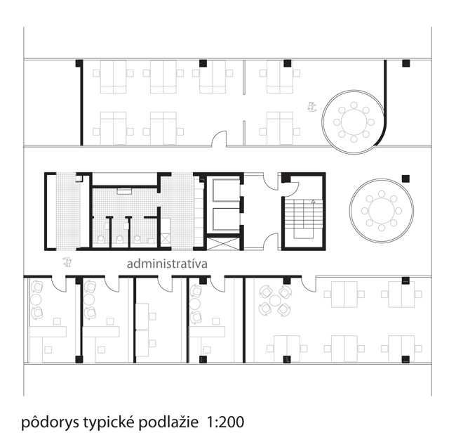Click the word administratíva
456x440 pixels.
[x=167, y=264]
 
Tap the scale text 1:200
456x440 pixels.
[x=225, y=422]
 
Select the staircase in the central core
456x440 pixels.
[x=304, y=219]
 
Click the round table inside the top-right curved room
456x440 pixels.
[x=354, y=122]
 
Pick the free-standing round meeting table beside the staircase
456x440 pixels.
[x=382, y=211]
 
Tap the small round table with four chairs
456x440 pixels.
[x=275, y=300]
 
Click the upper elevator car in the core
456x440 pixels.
[x=226, y=190]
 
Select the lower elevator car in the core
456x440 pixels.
[x=226, y=219]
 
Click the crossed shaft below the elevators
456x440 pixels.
[x=223, y=244]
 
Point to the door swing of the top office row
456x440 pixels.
[x=219, y=138]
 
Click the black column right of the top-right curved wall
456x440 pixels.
[x=406, y=63]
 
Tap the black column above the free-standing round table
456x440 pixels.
[x=405, y=179]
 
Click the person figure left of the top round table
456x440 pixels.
[x=312, y=107]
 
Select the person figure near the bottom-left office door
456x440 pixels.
[x=67, y=262]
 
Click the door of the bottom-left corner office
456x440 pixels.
[x=59, y=283]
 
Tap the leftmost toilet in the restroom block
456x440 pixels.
[x=101, y=239]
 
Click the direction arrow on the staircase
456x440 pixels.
[x=313, y=202]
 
